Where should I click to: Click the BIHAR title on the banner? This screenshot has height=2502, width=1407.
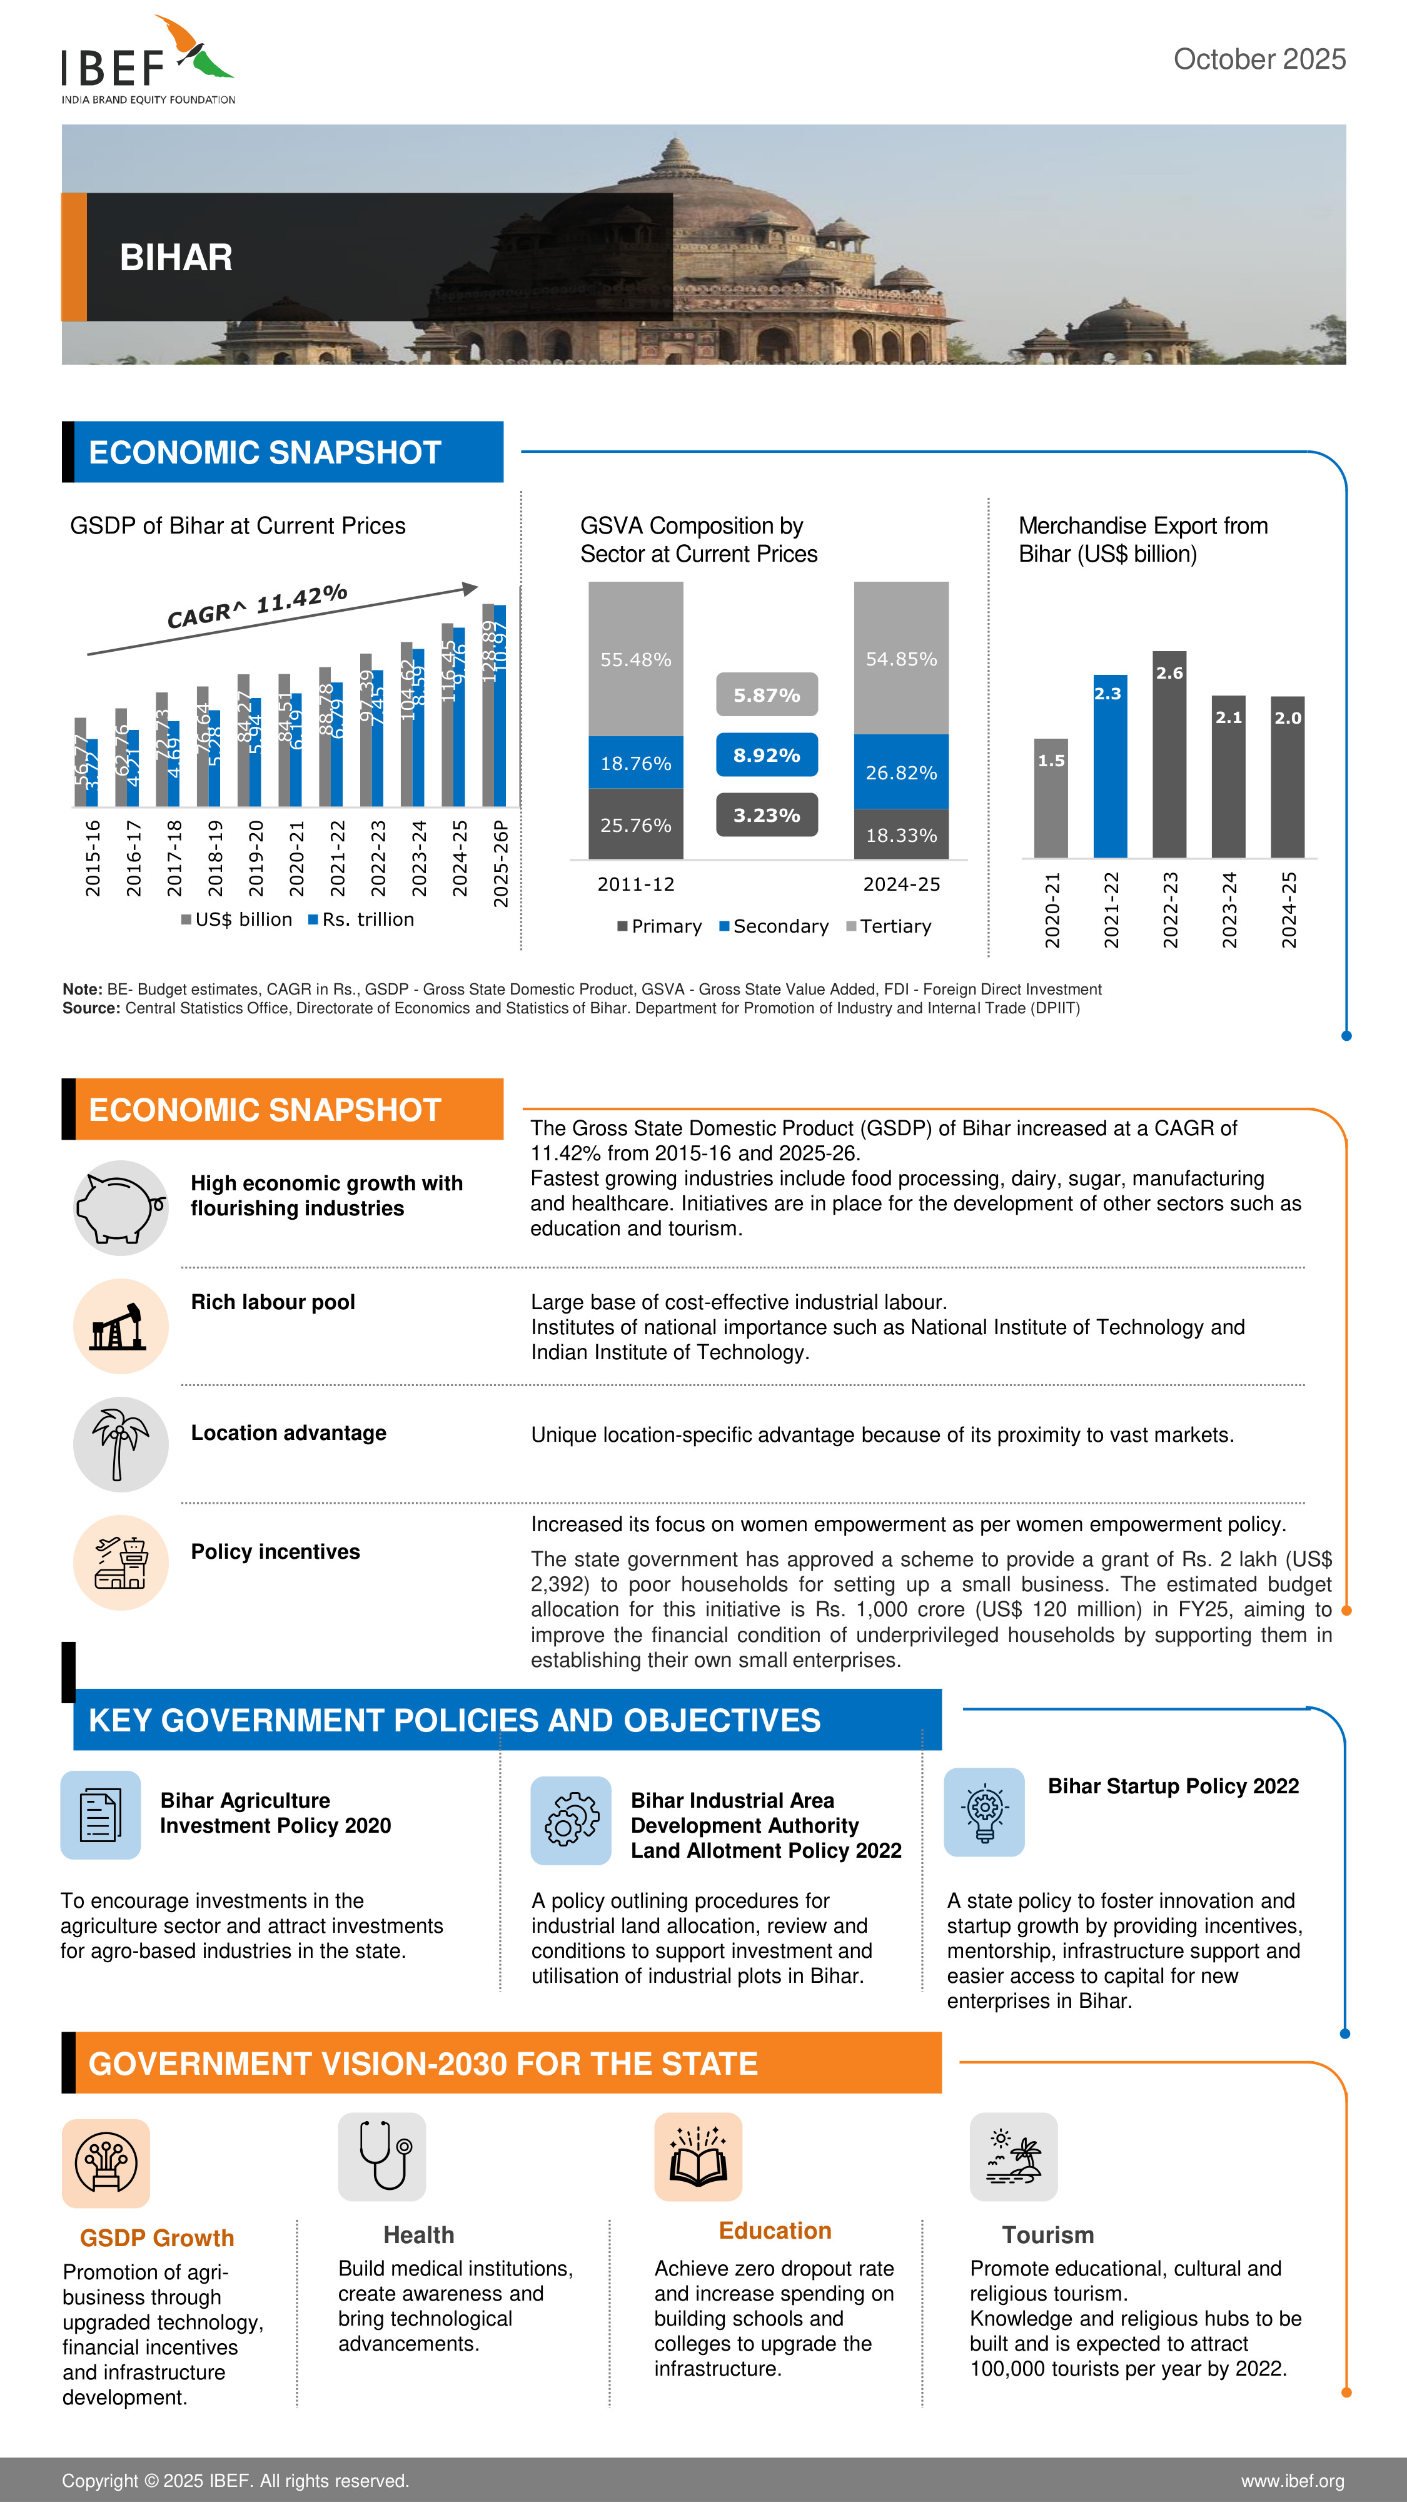176,257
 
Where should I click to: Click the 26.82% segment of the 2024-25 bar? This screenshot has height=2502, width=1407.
901,772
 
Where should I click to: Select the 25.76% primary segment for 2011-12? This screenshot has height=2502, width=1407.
636,824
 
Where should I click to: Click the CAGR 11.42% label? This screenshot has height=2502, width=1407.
257,606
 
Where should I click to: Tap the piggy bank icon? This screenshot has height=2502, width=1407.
121,1207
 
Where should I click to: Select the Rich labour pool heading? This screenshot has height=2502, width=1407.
273,1302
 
